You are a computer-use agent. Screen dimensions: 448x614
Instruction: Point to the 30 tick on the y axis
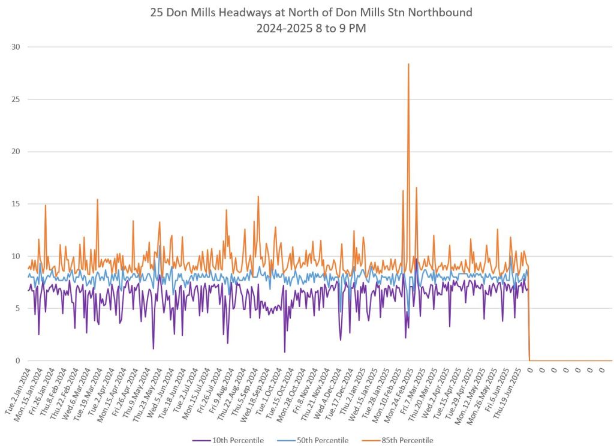coord(16,47)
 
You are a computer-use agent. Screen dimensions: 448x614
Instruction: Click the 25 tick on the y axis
coord(16,99)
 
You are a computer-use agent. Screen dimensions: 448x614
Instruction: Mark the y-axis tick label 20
coord(16,151)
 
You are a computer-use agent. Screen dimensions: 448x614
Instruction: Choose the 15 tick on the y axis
coord(16,204)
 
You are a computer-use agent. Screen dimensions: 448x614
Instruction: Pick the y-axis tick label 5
coord(18,308)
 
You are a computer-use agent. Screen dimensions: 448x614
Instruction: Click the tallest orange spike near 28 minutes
coord(408,64)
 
